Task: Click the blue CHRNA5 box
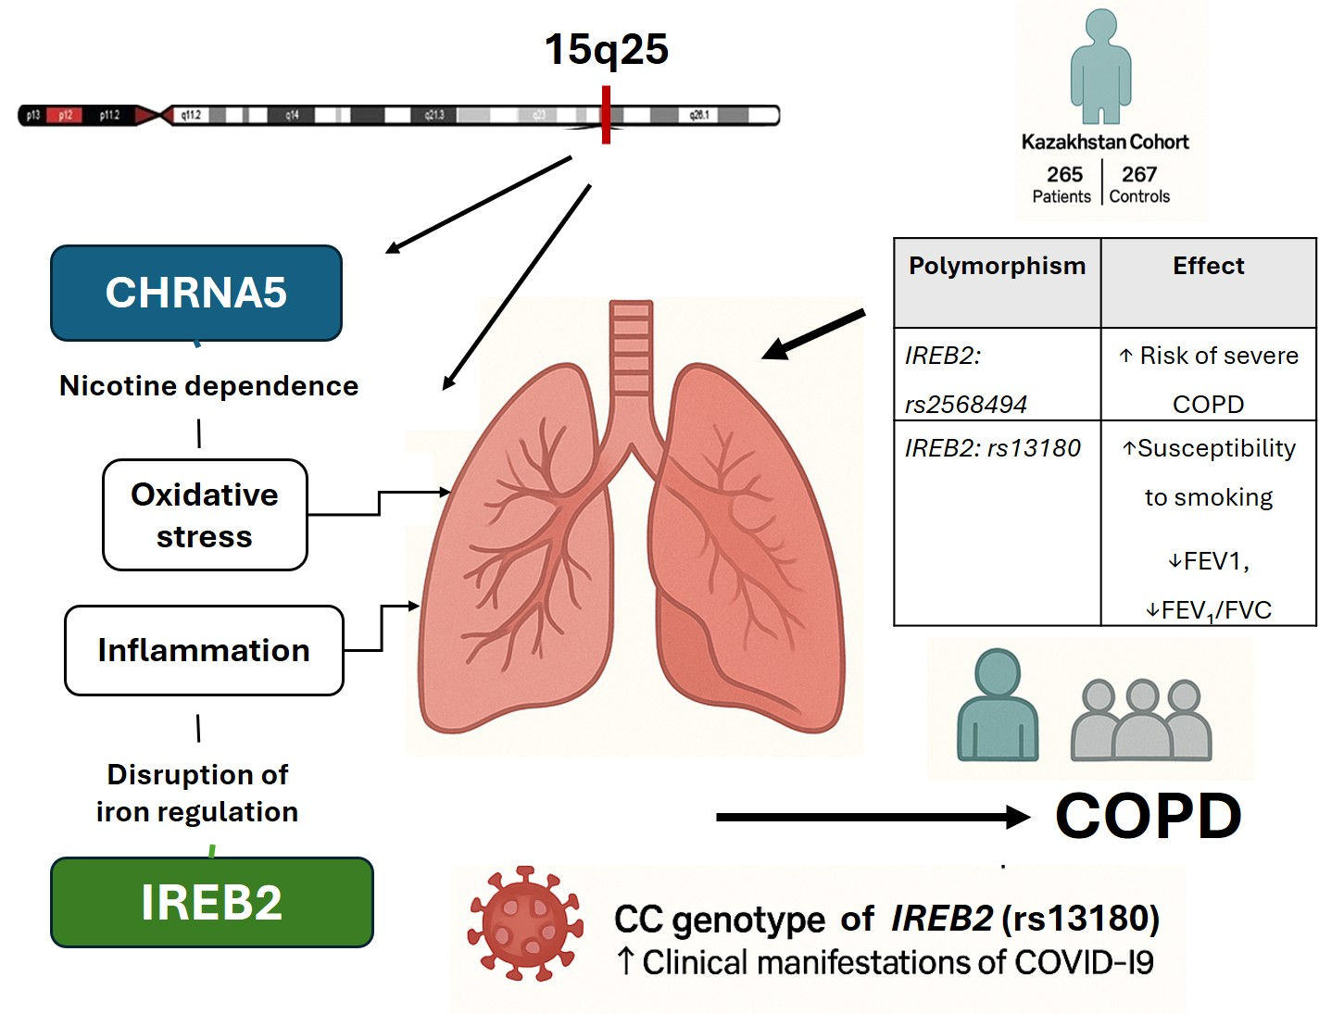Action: coord(196,293)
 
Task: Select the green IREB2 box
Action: coord(211,902)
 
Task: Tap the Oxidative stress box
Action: coord(205,515)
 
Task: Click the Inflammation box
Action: coord(204,650)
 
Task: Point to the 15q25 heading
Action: coord(606,49)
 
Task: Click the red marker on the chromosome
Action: coord(606,115)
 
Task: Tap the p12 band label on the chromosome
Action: coord(65,116)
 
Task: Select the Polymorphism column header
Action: coord(997,267)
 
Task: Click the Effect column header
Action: coord(1208,267)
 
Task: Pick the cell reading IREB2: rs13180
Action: coord(993,448)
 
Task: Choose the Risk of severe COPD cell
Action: coord(1208,380)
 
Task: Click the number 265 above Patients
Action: coord(1064,174)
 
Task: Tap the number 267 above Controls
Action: coord(1139,174)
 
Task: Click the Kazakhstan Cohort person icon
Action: coord(1101,67)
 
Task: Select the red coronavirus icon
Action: coord(526,922)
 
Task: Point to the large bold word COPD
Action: coord(1149,817)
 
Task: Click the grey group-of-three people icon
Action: coord(1141,720)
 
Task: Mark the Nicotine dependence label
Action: coord(208,386)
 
